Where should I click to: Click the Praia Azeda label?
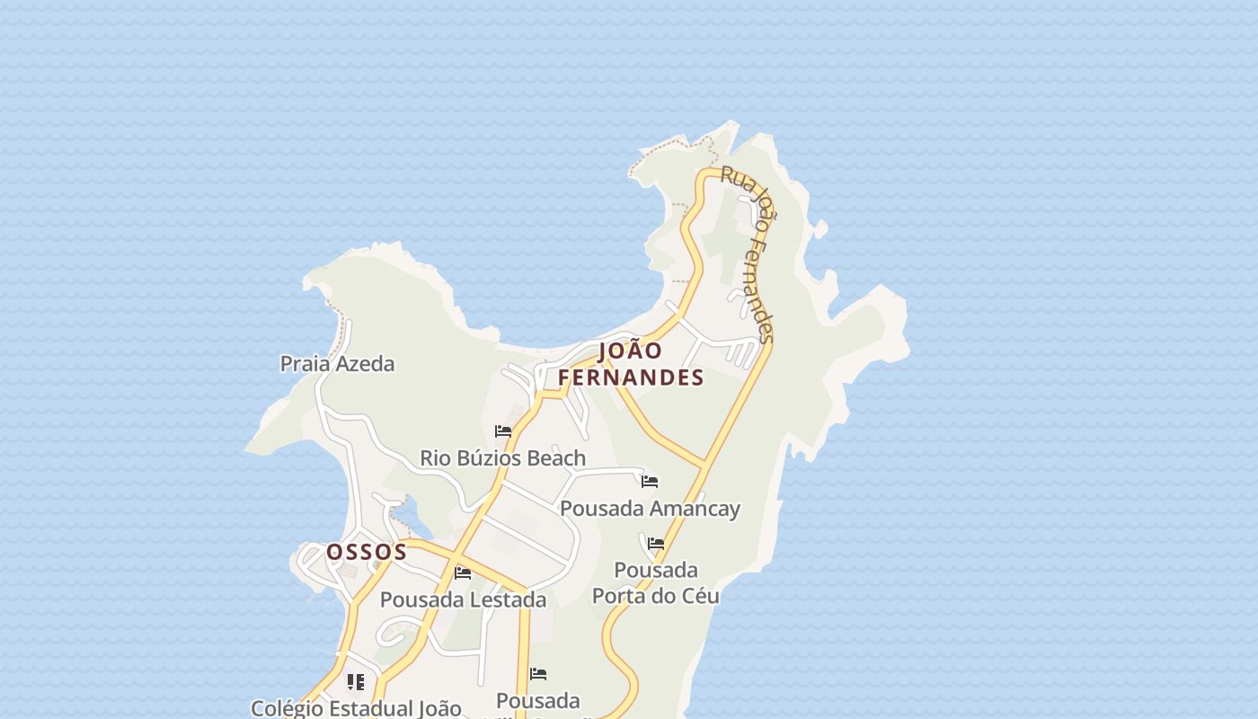point(337,364)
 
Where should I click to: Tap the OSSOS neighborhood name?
point(367,552)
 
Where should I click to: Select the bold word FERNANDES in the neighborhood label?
point(631,378)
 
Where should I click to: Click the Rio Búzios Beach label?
point(502,458)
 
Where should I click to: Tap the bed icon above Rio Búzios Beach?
point(503,432)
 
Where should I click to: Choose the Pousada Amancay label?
point(650,509)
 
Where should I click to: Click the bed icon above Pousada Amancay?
point(650,483)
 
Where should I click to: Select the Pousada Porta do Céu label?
point(656,582)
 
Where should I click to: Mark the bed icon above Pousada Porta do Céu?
point(656,545)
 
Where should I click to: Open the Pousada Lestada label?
point(463,599)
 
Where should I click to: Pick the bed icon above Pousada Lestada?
point(463,573)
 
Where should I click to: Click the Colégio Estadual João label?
point(356,708)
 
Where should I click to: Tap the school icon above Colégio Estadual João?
point(356,682)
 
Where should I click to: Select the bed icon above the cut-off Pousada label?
point(538,674)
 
